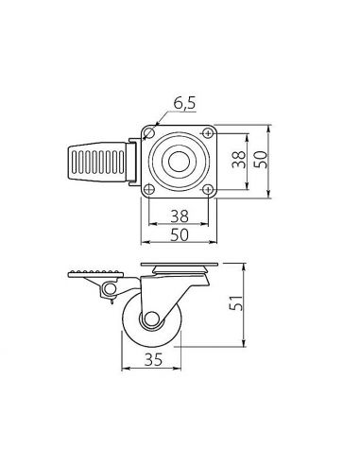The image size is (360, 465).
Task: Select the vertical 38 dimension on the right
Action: (239, 160)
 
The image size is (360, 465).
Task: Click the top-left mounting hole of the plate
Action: (152, 133)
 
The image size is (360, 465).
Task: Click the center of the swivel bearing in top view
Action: (180, 161)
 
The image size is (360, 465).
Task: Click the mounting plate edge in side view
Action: (180, 264)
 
